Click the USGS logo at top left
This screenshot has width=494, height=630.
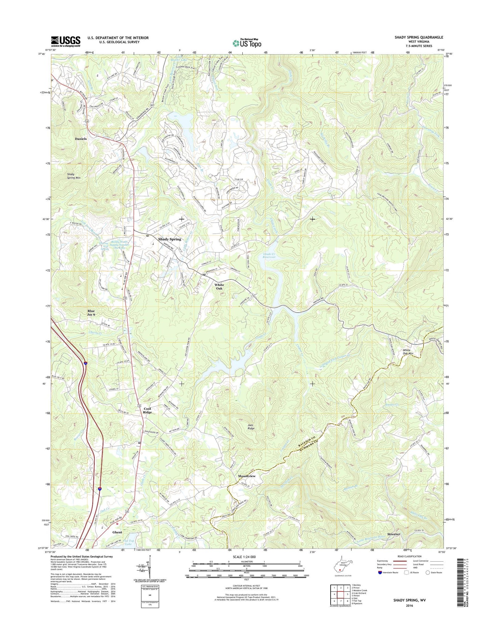coord(66,41)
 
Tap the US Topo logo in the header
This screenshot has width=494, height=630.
coord(247,43)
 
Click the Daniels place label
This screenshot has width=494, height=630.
coord(81,139)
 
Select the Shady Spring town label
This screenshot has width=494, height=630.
coord(170,239)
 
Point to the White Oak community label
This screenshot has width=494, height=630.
coord(219,287)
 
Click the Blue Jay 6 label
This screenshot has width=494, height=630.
coord(91,313)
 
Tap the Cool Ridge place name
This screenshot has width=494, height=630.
coord(147,410)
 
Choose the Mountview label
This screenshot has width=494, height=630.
coord(247,476)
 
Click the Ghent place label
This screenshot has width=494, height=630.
coord(117,532)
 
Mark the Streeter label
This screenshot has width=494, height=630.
coord(393,534)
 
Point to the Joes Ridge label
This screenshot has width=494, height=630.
coord(251,427)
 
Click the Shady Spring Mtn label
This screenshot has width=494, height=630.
coord(76,176)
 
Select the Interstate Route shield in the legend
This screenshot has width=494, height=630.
coord(380,573)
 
